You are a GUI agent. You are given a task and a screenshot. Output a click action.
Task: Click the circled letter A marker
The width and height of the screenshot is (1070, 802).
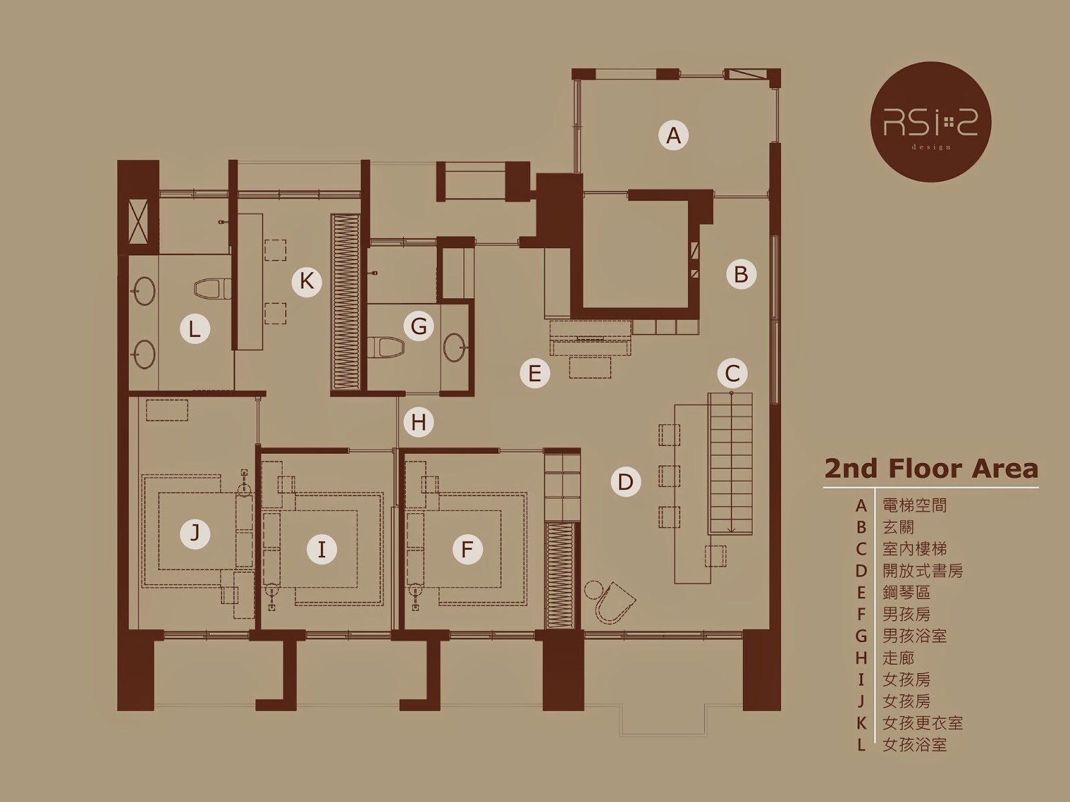point(673,135)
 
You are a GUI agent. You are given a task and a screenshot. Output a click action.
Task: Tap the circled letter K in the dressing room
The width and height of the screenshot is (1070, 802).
point(306,281)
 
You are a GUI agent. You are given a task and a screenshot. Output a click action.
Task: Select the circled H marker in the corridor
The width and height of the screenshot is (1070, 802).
point(419,422)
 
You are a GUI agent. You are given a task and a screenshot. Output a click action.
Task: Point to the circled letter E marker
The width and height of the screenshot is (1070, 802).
point(535,374)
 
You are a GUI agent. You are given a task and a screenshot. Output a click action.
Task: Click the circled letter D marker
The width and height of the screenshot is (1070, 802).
point(625,482)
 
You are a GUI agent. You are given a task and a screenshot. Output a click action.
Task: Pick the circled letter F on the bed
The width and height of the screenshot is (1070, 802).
point(467,549)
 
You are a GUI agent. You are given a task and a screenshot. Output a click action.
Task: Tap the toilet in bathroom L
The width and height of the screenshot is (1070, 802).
point(213,289)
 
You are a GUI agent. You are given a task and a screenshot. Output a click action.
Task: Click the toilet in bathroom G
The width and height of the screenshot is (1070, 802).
point(386,348)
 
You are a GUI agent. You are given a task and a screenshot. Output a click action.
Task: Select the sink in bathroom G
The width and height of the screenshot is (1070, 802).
point(456,347)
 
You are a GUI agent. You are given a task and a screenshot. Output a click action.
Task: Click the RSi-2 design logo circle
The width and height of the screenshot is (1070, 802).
point(931,122)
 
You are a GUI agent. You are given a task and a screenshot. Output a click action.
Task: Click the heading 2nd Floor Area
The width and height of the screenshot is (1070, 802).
point(931,469)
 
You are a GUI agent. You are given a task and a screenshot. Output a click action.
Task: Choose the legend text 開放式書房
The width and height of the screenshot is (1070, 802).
point(923,571)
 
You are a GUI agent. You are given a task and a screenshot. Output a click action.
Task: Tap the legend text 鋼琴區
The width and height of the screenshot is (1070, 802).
point(907,593)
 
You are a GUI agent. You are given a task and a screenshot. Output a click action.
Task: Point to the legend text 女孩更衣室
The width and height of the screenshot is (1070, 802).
point(923,723)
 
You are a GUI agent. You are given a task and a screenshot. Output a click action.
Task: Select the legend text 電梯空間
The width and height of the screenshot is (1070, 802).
point(914,505)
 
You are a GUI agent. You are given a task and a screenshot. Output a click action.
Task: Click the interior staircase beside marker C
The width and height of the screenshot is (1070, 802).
point(730,464)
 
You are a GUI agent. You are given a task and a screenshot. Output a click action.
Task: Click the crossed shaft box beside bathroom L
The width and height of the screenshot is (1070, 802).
point(138,222)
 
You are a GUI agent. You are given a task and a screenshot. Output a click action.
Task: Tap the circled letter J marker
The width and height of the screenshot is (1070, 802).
point(195,534)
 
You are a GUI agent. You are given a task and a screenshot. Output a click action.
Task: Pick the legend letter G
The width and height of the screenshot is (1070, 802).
point(861,636)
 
